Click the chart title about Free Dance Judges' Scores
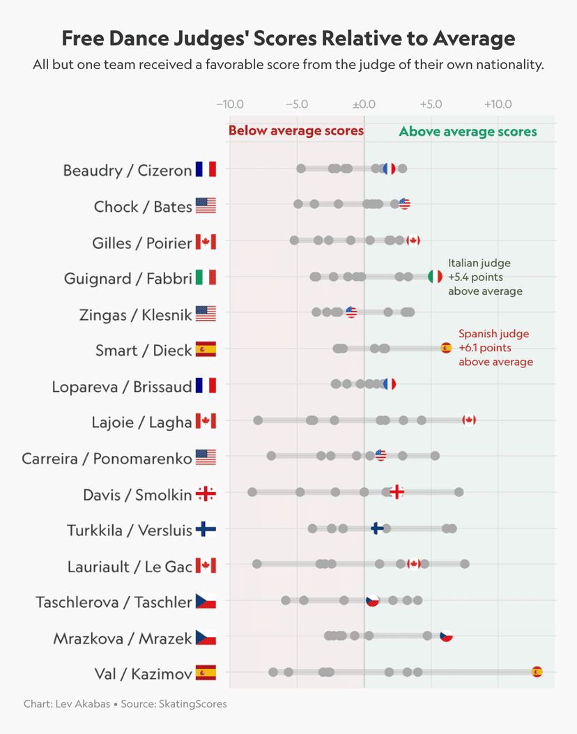click(x=288, y=38)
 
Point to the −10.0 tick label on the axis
click(x=230, y=105)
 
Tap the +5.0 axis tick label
click(x=431, y=105)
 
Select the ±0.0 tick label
click(x=364, y=105)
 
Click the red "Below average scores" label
click(x=296, y=131)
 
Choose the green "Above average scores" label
click(x=468, y=132)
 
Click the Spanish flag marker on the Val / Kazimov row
click(x=537, y=672)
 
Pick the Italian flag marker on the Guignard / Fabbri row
click(x=435, y=276)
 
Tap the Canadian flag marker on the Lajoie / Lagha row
click(x=469, y=420)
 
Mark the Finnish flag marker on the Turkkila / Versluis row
click(x=377, y=528)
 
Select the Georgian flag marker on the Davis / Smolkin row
click(x=397, y=492)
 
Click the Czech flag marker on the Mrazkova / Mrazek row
click(x=447, y=636)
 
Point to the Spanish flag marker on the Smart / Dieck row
click(x=447, y=348)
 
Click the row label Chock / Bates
click(x=143, y=206)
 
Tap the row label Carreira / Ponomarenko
click(x=107, y=458)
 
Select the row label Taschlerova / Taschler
click(x=114, y=602)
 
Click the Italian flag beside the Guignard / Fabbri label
click(x=206, y=278)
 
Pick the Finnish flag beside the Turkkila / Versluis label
click(x=206, y=530)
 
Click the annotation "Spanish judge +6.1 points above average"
click(x=495, y=348)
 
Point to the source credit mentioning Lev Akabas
click(x=125, y=704)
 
